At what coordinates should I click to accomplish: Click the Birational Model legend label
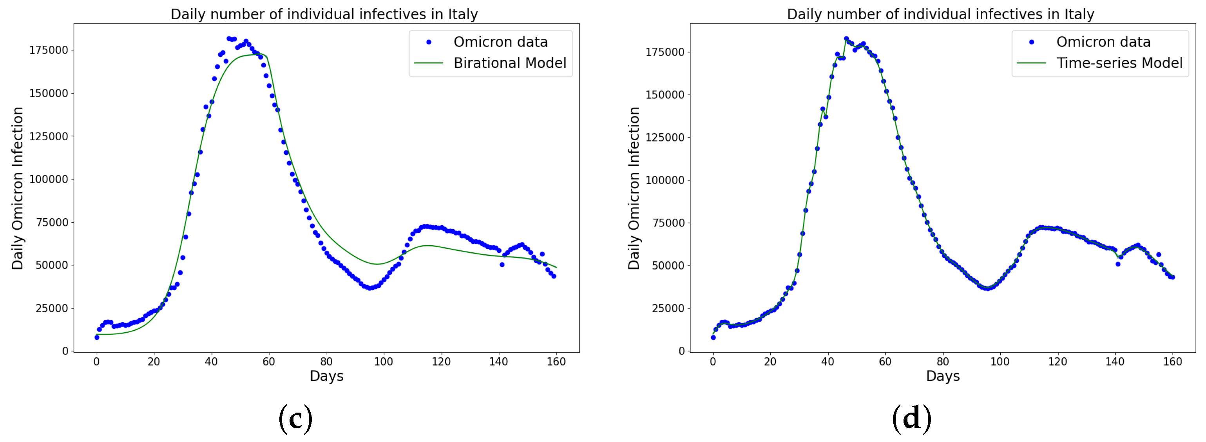[x=509, y=63]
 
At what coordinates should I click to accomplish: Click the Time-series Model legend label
[x=1119, y=63]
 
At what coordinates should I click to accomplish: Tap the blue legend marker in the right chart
[x=1031, y=42]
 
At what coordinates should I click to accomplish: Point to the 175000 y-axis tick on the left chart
[x=49, y=50]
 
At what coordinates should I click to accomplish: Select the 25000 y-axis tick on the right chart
[x=668, y=308]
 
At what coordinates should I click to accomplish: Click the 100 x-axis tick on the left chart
[x=384, y=361]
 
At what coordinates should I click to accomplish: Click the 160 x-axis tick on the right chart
[x=1172, y=361]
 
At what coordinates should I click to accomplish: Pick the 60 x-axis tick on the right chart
[x=885, y=361]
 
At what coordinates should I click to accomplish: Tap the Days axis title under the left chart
[x=326, y=376]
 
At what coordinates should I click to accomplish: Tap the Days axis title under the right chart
[x=942, y=376]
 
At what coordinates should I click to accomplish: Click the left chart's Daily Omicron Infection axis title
[x=17, y=188]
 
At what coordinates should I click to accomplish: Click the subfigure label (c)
[x=295, y=418]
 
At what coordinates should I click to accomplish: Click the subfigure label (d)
[x=911, y=418]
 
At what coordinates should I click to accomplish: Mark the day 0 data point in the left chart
[x=97, y=337]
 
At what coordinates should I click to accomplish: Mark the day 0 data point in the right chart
[x=713, y=337]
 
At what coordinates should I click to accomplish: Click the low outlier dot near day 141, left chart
[x=502, y=264]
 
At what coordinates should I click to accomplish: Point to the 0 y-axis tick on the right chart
[x=681, y=351]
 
